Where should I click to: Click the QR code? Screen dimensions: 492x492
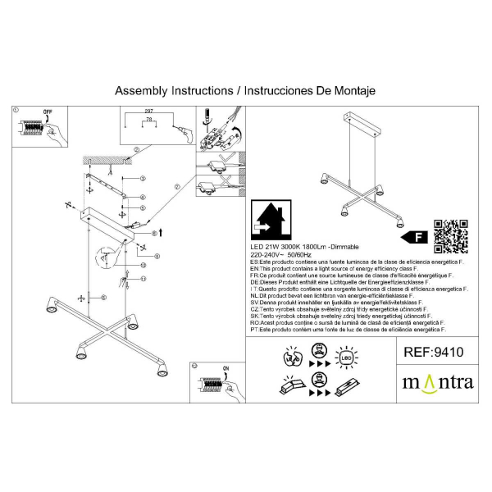[450, 236]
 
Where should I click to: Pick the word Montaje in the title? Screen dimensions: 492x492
[350, 91]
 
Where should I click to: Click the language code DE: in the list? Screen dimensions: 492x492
[255, 283]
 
